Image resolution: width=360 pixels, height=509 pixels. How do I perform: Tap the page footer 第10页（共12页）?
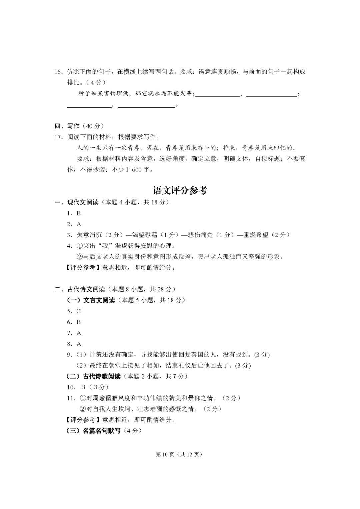[179, 454]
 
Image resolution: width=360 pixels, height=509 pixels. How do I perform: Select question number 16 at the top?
[58, 72]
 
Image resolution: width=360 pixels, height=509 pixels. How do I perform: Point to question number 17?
[58, 137]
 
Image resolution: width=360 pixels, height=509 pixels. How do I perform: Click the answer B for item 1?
[79, 213]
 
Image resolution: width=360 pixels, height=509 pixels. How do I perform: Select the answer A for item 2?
[79, 224]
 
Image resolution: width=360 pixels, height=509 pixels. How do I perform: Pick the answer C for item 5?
[79, 311]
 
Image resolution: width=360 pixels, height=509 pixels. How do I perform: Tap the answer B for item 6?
[79, 322]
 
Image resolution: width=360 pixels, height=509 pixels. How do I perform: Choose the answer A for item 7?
[79, 333]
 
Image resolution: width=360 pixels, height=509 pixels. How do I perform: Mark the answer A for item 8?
[79, 344]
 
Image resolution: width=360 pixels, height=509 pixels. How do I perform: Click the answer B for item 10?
[83, 387]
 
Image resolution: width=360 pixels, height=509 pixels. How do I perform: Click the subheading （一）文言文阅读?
[91, 300]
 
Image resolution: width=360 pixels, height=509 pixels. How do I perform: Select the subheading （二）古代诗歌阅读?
[94, 376]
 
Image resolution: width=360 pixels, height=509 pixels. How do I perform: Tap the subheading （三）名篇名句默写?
[94, 431]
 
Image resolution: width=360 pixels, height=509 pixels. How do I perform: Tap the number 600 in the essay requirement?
[137, 170]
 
